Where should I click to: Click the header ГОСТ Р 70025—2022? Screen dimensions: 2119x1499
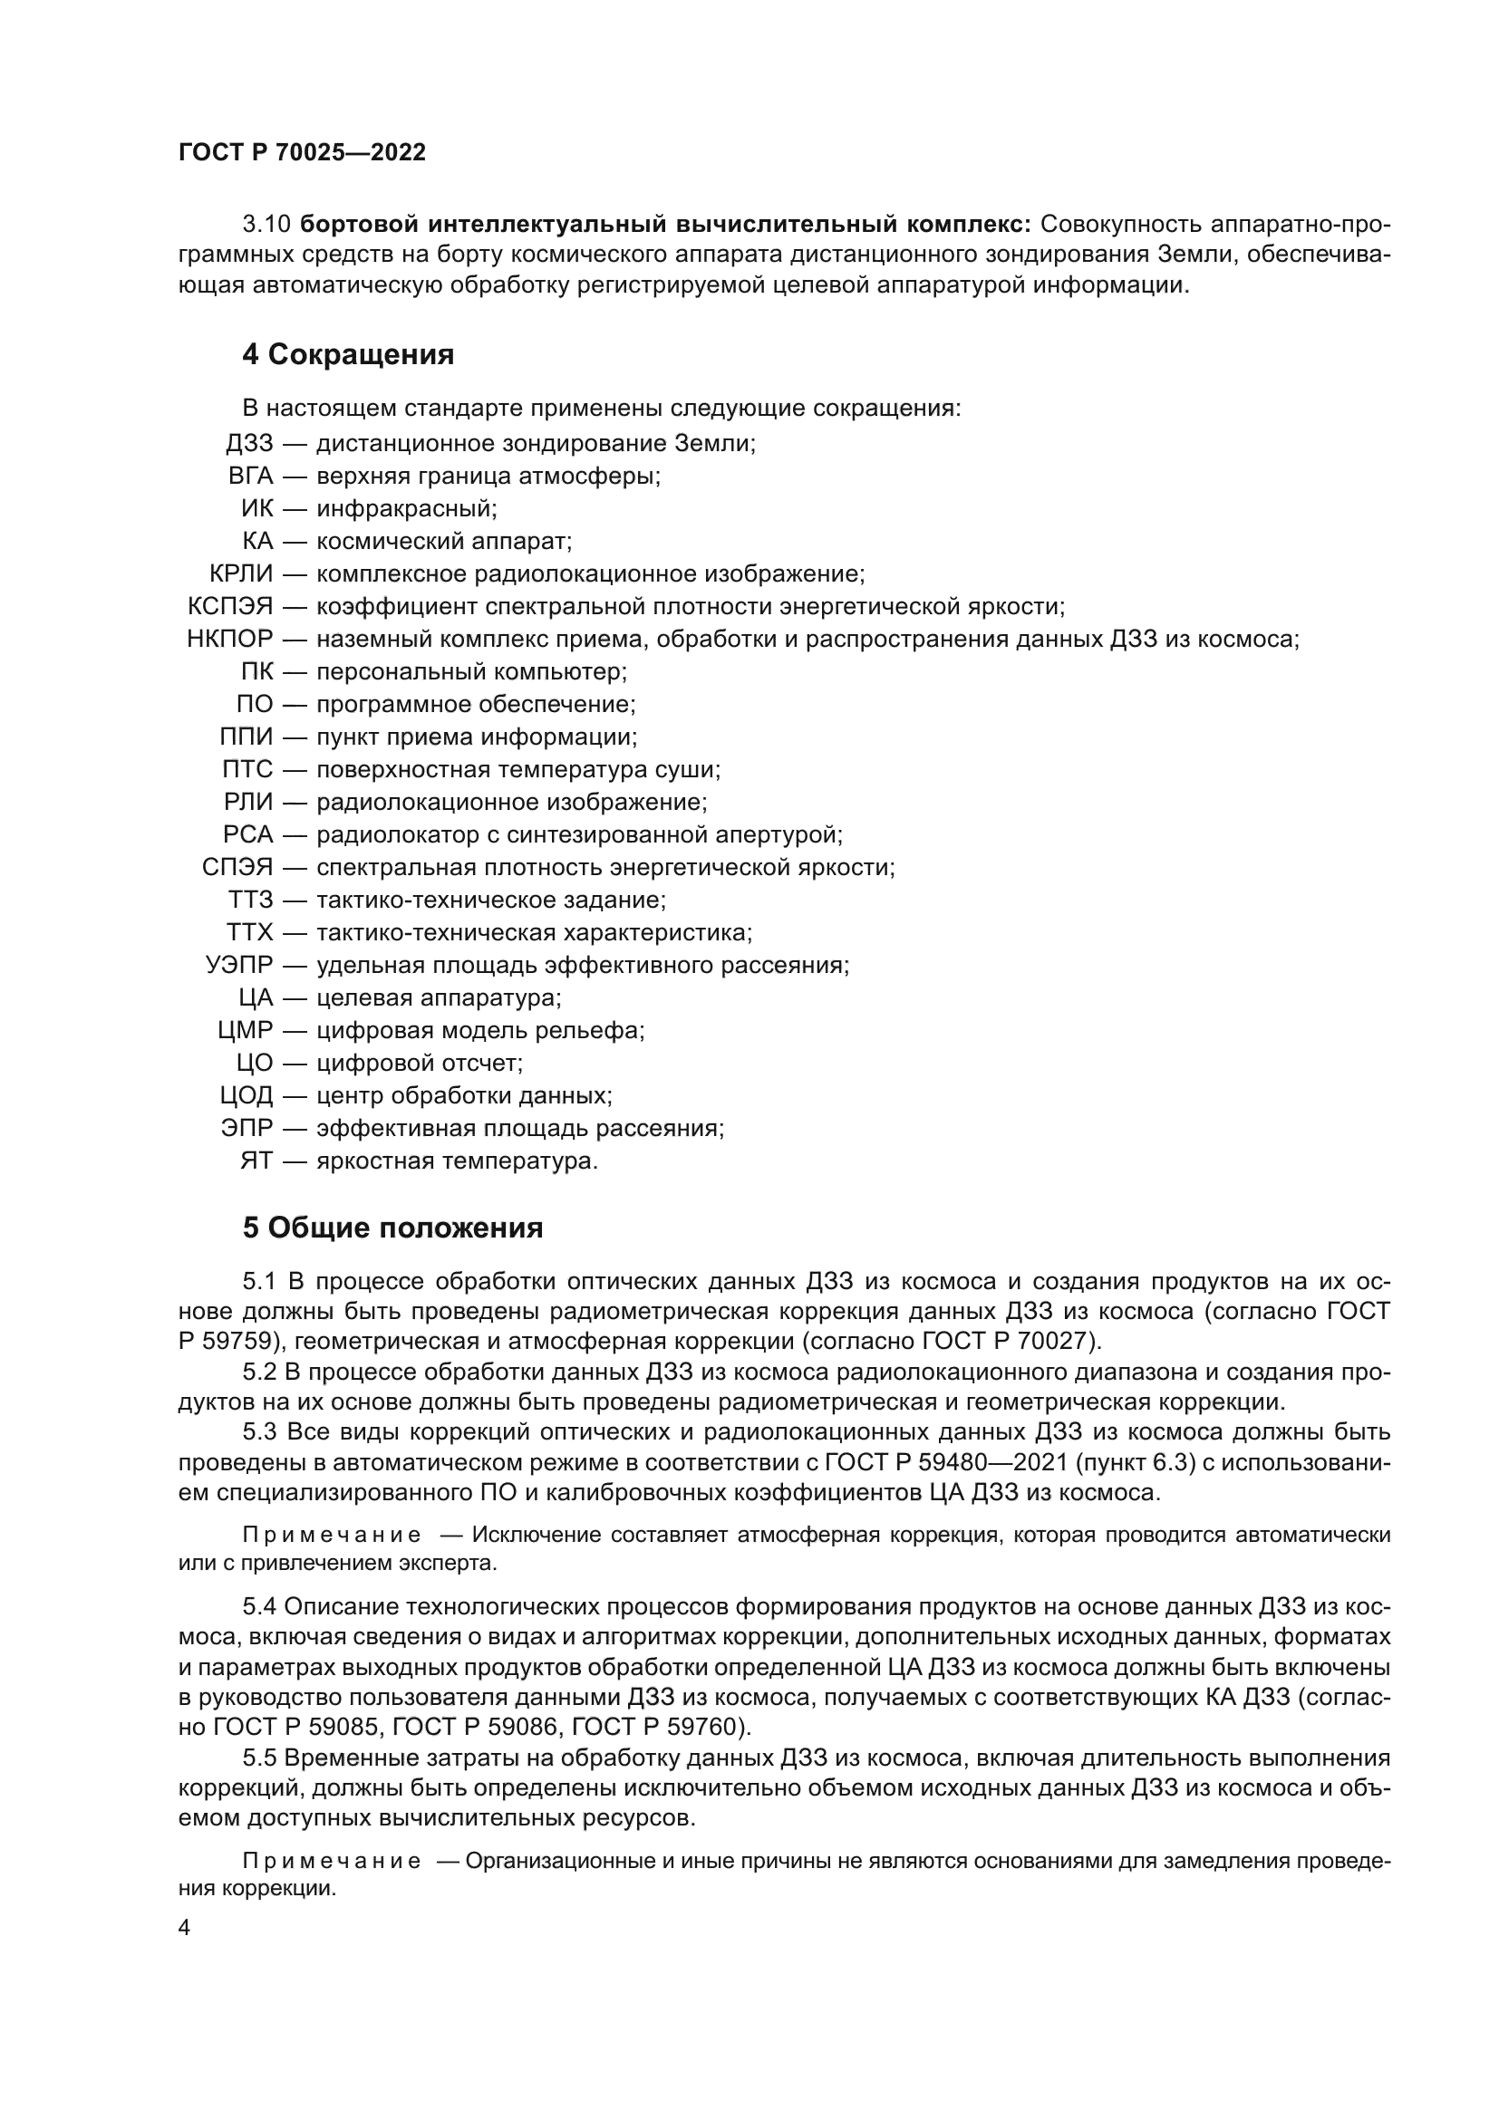302,153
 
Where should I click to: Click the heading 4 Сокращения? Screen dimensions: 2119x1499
348,354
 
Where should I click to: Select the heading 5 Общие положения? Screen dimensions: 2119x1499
392,1228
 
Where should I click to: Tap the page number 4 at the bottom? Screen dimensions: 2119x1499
185,1928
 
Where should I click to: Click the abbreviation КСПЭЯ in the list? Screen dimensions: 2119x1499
230,606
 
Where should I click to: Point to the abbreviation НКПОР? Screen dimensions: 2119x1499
230,639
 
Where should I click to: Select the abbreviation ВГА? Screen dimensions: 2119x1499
251,477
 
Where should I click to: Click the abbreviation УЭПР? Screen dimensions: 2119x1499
239,966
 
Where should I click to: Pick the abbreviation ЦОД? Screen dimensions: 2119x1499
247,1095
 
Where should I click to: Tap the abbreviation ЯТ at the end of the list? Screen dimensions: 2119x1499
256,1161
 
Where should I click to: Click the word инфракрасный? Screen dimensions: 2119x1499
406,508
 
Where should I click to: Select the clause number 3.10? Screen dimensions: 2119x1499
266,225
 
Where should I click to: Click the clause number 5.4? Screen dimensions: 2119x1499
259,1607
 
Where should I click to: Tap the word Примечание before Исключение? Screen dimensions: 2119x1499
332,1535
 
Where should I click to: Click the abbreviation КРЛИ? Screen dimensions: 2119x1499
241,574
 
